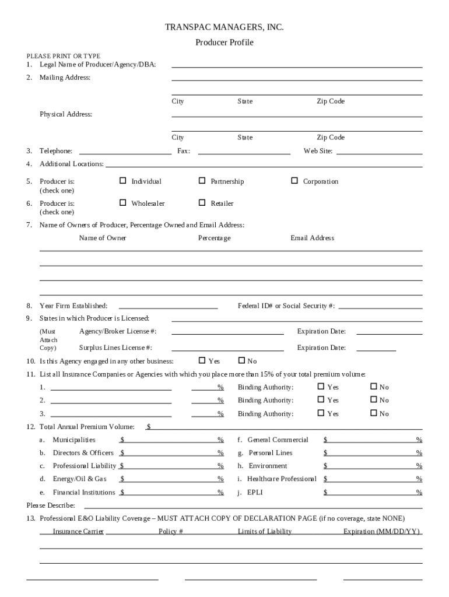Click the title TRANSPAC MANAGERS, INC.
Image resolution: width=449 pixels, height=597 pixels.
(224, 27)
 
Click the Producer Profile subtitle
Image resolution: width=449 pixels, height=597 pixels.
(224, 43)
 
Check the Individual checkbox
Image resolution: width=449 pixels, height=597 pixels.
(122, 181)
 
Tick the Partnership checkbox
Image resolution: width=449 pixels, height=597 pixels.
(202, 181)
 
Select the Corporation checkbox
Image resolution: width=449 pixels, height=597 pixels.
(294, 181)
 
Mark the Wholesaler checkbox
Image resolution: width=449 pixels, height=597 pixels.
(122, 203)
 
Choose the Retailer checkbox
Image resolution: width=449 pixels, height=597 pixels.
(202, 203)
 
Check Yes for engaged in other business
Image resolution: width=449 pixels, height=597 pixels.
(202, 360)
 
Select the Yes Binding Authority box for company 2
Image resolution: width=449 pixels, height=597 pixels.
(321, 400)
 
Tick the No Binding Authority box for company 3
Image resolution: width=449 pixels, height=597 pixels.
(374, 413)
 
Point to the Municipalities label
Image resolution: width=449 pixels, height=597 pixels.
(74, 440)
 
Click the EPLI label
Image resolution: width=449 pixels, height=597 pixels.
(255, 492)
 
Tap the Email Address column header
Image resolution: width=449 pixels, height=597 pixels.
(313, 238)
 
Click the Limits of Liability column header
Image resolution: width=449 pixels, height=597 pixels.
(265, 531)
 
